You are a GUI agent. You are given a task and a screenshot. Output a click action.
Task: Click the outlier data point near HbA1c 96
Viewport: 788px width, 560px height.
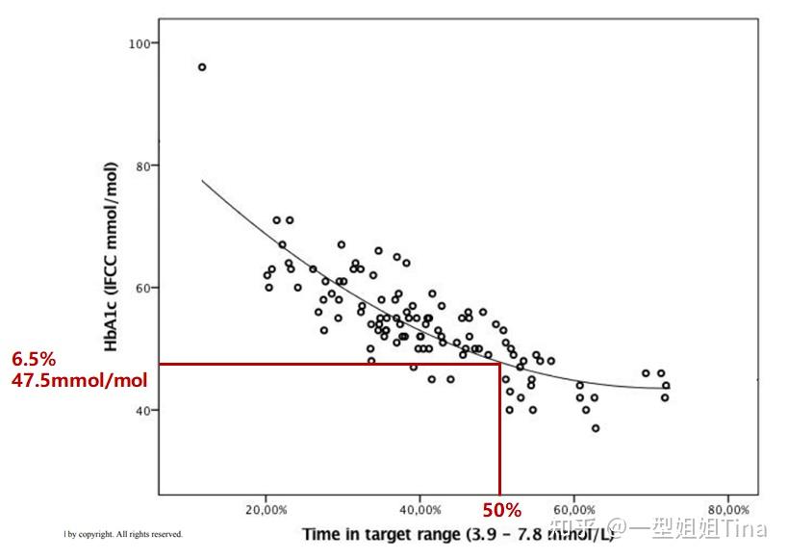(x=202, y=67)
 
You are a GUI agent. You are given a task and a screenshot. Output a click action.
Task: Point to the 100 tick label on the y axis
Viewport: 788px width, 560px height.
(x=140, y=44)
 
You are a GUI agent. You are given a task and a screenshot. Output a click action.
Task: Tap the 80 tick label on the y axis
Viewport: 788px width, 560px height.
(x=143, y=166)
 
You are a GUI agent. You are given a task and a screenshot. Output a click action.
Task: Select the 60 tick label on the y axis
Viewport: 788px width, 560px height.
(x=143, y=288)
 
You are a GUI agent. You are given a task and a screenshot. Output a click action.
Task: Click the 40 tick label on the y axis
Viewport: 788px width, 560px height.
(x=143, y=410)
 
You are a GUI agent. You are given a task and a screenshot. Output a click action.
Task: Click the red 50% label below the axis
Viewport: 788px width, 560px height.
(x=501, y=509)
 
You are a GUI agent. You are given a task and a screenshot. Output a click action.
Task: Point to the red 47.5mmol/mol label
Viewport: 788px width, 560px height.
(x=79, y=380)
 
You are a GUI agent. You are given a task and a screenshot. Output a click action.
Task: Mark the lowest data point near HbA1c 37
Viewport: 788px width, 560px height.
(x=596, y=428)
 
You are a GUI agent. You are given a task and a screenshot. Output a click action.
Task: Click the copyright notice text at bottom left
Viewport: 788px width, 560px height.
(x=123, y=534)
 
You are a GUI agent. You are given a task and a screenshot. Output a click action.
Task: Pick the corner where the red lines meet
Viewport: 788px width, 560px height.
(x=499, y=364)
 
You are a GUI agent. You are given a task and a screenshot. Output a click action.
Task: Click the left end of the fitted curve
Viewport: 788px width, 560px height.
(x=202, y=180)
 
